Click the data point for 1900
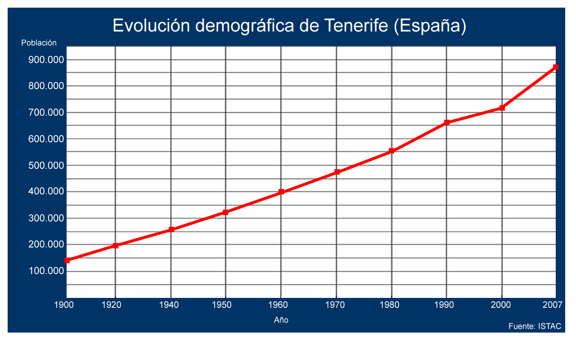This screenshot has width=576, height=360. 67,261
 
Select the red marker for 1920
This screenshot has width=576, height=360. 116,246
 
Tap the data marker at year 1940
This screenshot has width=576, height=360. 171,229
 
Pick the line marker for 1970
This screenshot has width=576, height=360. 337,172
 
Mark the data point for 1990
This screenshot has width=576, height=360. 447,122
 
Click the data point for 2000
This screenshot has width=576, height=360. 502,108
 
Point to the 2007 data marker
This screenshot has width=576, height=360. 556,67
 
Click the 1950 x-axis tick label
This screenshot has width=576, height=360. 222,305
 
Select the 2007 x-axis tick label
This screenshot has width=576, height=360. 553,305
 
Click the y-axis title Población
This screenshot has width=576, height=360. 39,43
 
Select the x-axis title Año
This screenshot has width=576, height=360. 281,320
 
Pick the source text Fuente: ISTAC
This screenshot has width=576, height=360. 535,326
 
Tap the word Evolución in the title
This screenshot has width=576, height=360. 152,26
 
